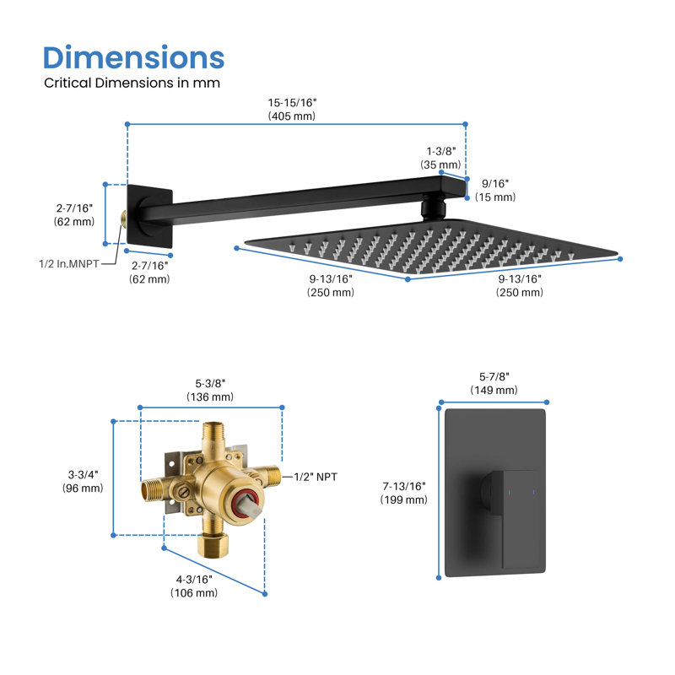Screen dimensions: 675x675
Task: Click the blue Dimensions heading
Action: [x=133, y=57]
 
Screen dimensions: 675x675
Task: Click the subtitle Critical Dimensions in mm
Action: [x=132, y=83]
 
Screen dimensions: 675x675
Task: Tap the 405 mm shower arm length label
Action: [x=292, y=110]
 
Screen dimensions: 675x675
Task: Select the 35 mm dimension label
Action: [x=440, y=158]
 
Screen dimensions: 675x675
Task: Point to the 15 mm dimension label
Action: [x=495, y=191]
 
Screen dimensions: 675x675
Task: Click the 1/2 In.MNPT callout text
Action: [x=69, y=263]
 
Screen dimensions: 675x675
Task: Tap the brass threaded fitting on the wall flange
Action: [x=123, y=219]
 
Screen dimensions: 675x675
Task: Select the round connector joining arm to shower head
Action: [x=433, y=208]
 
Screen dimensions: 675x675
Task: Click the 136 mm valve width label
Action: [x=210, y=390]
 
